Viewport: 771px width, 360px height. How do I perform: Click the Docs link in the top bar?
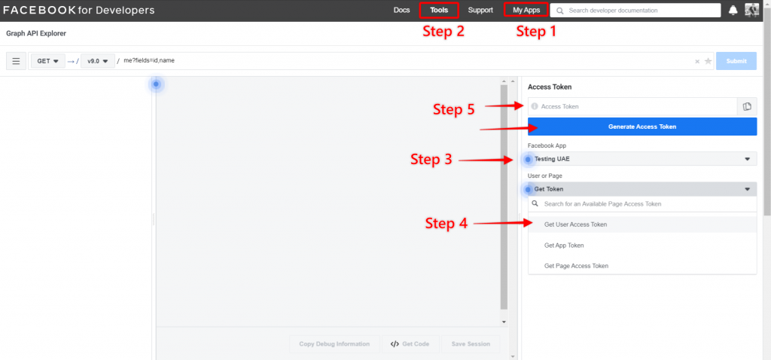401,11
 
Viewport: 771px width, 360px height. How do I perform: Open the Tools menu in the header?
439,11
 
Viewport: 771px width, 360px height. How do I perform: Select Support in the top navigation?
480,11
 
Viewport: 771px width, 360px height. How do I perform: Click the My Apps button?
526,11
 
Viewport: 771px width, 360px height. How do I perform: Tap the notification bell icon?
733,11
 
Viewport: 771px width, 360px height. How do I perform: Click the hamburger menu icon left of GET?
16,61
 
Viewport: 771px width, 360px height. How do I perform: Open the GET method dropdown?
47,61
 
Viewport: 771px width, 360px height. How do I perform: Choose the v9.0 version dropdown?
98,61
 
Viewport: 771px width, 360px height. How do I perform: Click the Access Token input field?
632,106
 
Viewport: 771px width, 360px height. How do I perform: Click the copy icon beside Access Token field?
747,106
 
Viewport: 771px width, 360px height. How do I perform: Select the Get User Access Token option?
575,224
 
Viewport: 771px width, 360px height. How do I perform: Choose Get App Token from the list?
564,246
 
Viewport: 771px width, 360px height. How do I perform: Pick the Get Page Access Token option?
576,266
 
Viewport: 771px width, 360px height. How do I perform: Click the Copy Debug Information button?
334,344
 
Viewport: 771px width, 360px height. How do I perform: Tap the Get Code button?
410,344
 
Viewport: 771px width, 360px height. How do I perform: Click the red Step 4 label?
446,224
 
